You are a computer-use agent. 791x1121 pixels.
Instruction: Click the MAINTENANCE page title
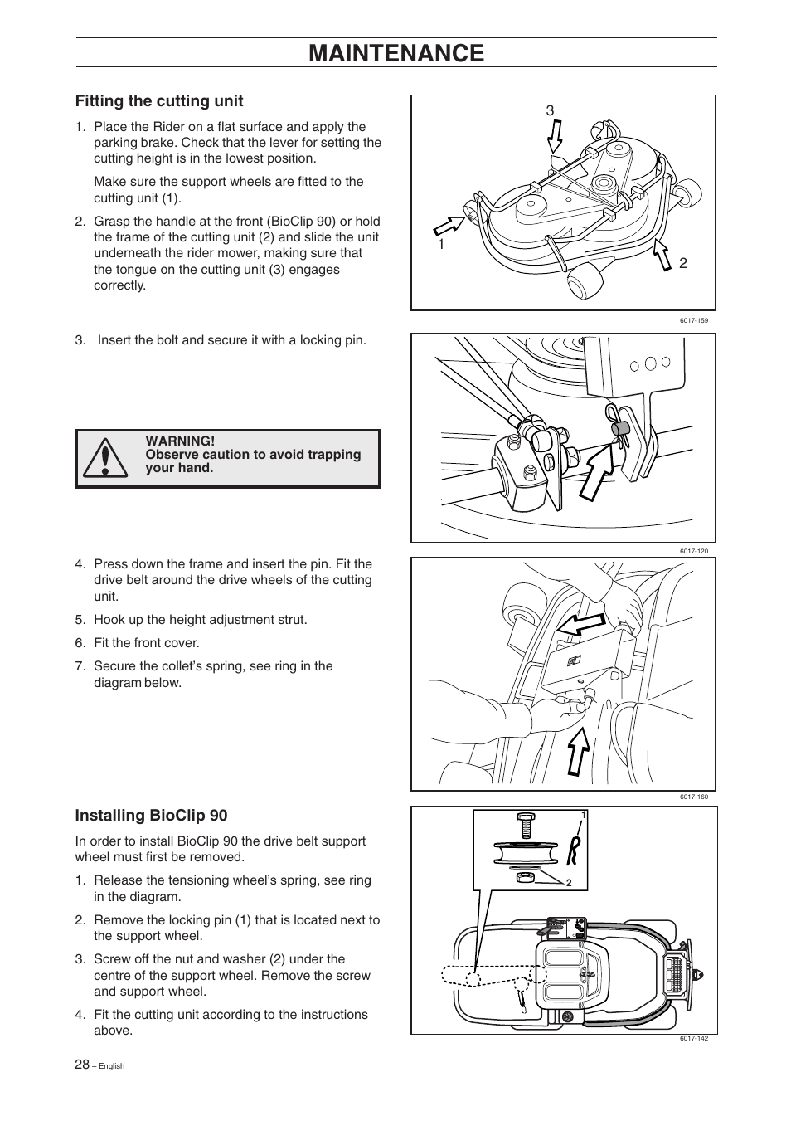click(395, 53)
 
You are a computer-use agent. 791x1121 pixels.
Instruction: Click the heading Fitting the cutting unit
click(159, 101)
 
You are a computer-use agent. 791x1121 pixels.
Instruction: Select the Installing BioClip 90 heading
click(151, 815)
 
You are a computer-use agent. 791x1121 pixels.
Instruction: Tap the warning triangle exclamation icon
click(104, 459)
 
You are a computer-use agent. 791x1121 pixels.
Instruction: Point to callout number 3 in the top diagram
click(549, 110)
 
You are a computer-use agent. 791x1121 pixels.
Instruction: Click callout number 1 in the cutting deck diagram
click(441, 245)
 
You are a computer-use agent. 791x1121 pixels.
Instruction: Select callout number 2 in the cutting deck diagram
click(683, 263)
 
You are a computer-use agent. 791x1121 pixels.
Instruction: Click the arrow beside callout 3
click(555, 137)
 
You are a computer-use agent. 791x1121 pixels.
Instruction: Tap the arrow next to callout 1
click(450, 223)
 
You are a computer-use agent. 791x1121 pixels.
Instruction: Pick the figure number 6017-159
click(693, 320)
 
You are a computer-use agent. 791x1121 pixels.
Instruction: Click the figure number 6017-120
click(693, 551)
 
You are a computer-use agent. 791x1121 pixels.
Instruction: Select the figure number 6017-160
click(693, 797)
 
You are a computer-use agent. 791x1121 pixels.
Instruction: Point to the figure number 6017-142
click(693, 1038)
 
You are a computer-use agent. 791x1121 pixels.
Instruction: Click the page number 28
click(82, 1065)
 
